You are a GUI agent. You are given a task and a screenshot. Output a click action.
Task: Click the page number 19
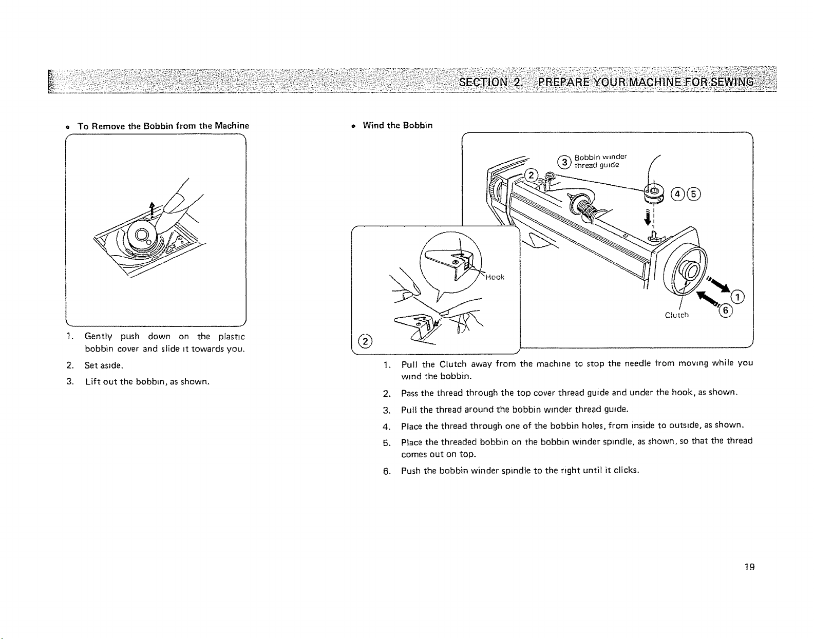click(750, 567)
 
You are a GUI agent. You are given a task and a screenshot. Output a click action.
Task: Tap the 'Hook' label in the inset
click(495, 277)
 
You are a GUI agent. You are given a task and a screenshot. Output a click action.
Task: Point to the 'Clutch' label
click(676, 315)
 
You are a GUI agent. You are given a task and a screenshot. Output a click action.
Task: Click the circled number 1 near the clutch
click(737, 297)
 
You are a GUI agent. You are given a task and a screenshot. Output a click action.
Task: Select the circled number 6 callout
click(725, 311)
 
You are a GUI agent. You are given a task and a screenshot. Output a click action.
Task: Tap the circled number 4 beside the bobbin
click(677, 194)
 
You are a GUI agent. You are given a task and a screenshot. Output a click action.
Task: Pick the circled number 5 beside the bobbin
click(694, 194)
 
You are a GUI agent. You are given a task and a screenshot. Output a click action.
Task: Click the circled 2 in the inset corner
click(365, 341)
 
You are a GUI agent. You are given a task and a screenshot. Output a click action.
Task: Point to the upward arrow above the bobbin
click(152, 209)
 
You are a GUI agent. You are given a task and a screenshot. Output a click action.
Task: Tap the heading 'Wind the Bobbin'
click(397, 125)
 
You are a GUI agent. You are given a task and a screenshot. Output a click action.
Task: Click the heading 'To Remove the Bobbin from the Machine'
click(163, 126)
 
